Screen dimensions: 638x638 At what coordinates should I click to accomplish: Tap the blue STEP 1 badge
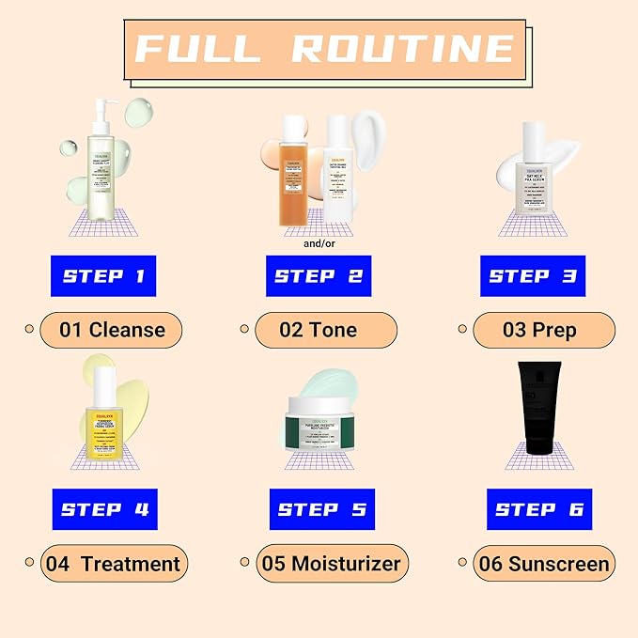pyautogui.click(x=103, y=275)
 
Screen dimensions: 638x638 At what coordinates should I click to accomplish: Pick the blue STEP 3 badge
pyautogui.click(x=532, y=275)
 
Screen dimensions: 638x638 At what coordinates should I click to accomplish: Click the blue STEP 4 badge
pyautogui.click(x=103, y=509)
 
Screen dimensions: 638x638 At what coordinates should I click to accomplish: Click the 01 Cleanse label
pyautogui.click(x=111, y=330)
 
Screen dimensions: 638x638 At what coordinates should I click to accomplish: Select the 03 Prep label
pyautogui.click(x=544, y=330)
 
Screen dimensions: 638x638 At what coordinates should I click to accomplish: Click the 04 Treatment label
pyautogui.click(x=114, y=564)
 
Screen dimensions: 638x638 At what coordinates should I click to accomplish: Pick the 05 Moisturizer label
pyautogui.click(x=332, y=564)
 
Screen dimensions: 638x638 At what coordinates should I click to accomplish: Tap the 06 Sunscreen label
pyautogui.click(x=544, y=564)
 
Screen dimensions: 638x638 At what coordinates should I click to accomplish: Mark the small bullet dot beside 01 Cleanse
pyautogui.click(x=29, y=329)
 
